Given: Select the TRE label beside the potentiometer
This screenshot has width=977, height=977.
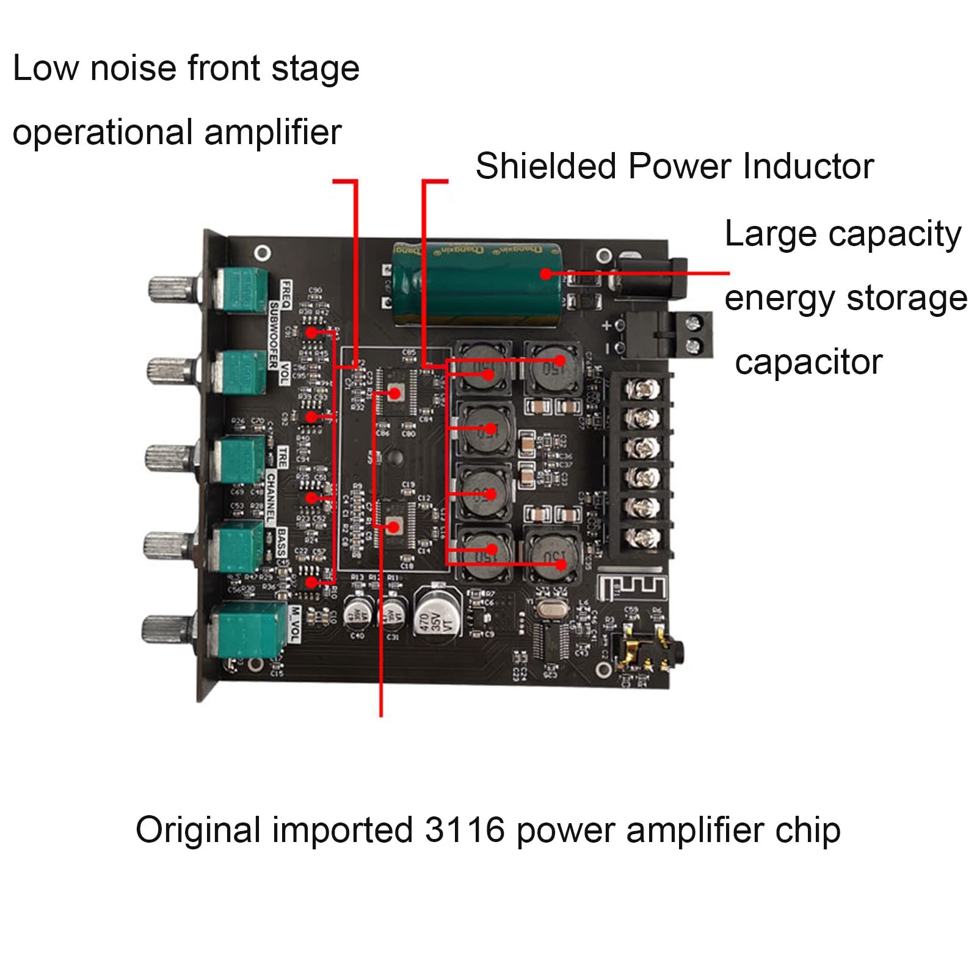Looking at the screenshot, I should [283, 457].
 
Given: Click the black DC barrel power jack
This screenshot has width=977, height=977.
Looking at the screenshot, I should [647, 278].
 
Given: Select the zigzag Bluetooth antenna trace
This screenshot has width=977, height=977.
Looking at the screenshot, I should [632, 586].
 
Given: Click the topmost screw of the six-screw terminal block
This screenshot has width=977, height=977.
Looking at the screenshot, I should [643, 388].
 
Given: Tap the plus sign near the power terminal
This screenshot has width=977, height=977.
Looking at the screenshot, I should [606, 325].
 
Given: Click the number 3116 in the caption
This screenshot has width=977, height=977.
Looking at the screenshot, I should [465, 830].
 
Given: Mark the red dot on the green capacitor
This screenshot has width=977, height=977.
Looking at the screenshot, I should [546, 274].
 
